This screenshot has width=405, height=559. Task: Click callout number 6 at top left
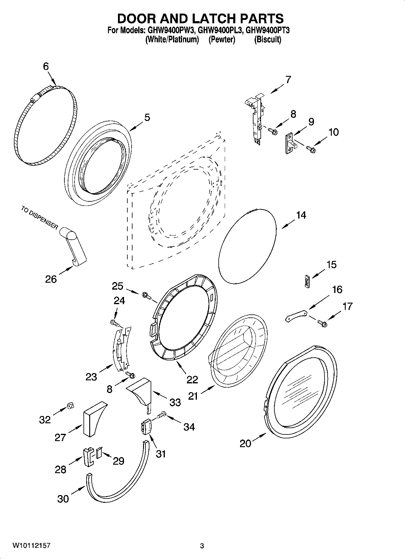(x=46, y=67)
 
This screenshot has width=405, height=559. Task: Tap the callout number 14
(x=301, y=215)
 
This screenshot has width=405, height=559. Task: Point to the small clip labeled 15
(x=307, y=281)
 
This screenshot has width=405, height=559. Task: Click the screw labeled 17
(x=322, y=324)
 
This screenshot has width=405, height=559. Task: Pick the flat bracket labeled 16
(x=296, y=316)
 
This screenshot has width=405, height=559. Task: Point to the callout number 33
(x=175, y=402)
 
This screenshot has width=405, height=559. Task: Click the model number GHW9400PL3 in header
(x=220, y=30)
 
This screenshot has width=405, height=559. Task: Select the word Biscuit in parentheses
(x=268, y=40)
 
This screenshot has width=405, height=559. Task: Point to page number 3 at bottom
(x=202, y=546)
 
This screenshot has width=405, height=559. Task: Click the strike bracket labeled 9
(x=291, y=144)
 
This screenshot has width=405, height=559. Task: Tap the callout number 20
(x=245, y=444)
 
